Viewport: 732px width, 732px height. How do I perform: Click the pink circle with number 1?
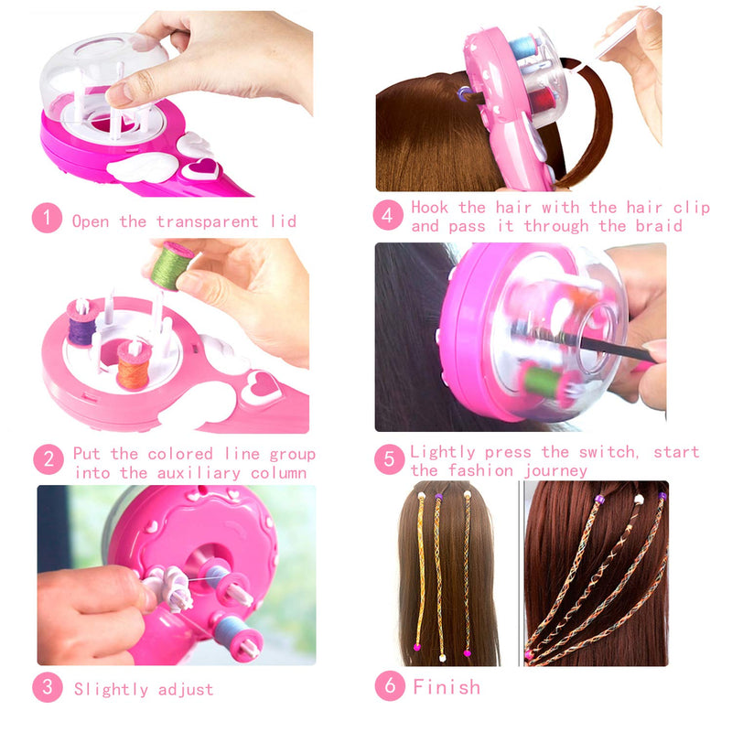(x=47, y=220)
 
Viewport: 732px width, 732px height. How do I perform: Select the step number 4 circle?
(x=388, y=216)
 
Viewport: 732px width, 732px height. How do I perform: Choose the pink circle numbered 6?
(x=389, y=686)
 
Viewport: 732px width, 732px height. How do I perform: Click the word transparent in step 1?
(x=202, y=221)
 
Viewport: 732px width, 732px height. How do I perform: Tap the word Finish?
(x=446, y=686)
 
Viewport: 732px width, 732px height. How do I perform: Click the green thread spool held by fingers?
(x=172, y=264)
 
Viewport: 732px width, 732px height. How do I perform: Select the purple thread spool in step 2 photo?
(x=81, y=326)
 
